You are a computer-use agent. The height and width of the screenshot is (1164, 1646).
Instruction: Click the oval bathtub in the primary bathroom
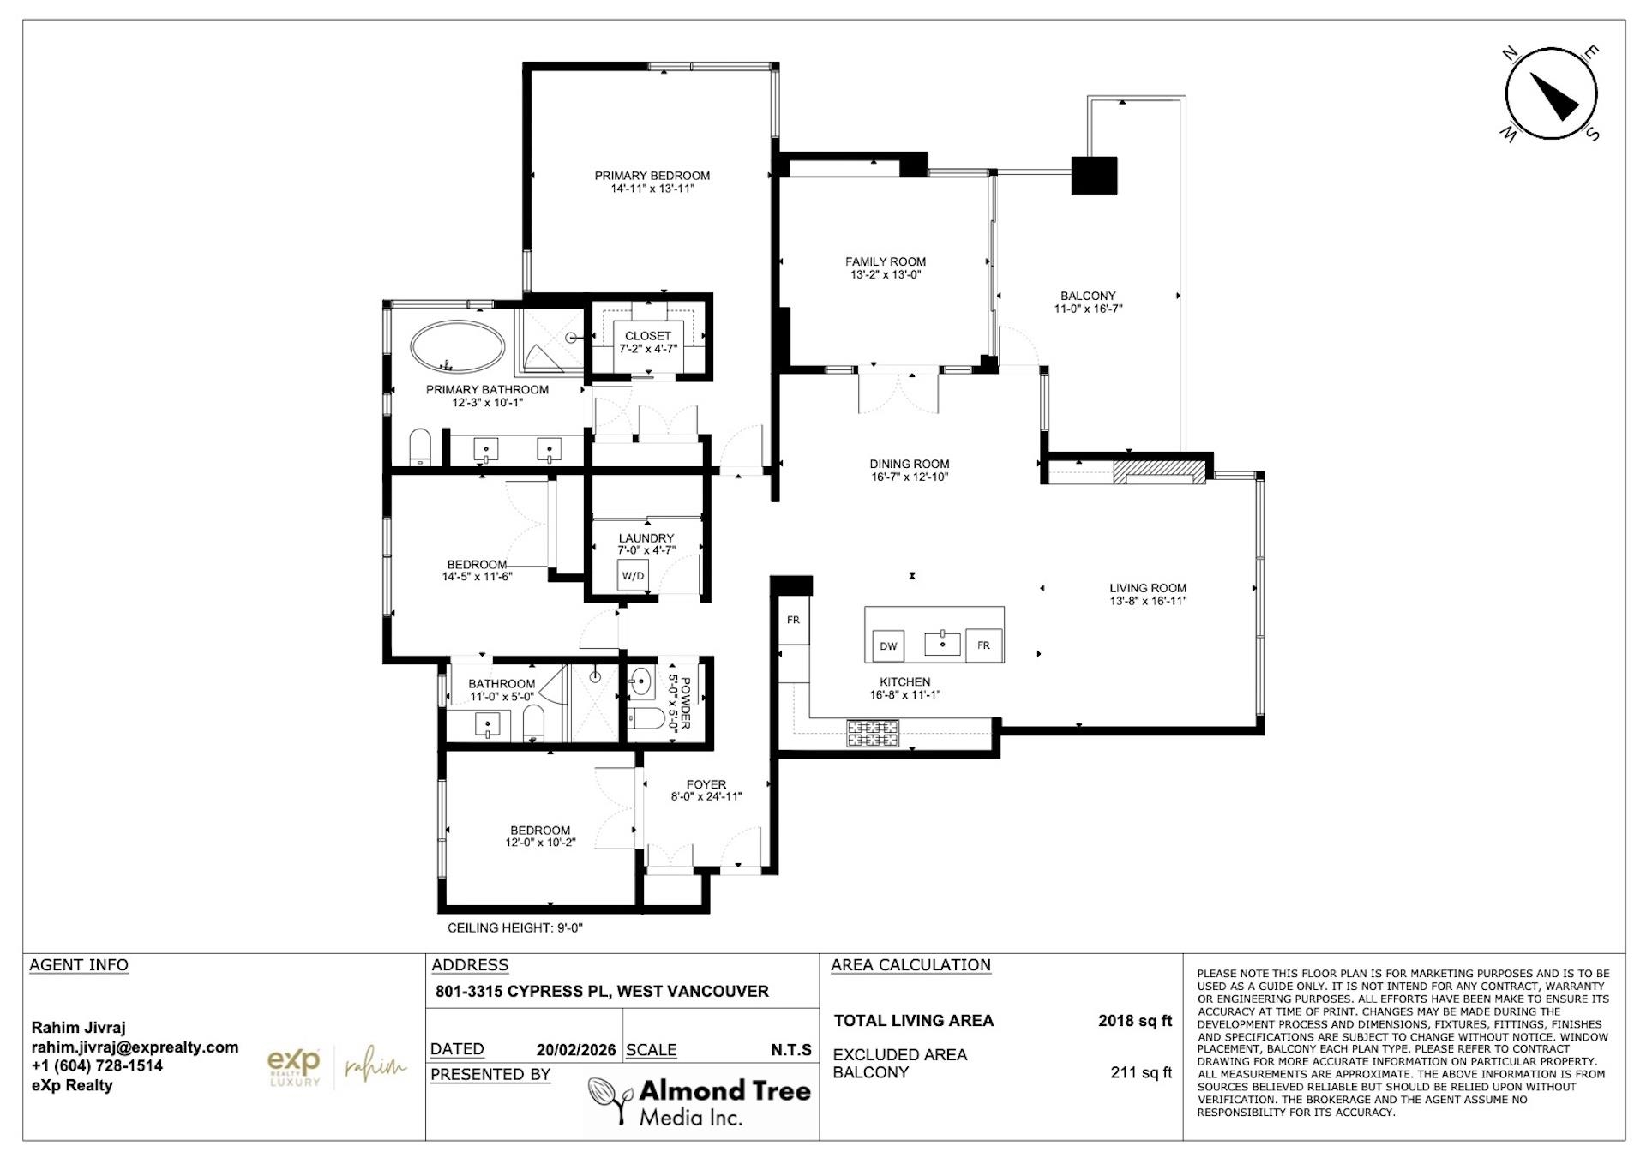coord(457,346)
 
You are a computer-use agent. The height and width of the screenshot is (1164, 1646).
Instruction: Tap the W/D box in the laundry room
coord(633,576)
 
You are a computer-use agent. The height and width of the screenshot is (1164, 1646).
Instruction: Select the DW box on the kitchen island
coord(888,646)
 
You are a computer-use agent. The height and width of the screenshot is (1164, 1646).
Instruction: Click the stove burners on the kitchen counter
coord(873,734)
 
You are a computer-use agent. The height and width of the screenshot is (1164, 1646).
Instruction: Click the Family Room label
coord(885,261)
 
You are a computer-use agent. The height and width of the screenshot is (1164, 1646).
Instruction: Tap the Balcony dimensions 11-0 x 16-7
coord(1088,309)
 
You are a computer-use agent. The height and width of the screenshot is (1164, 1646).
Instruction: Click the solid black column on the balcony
coord(1095,176)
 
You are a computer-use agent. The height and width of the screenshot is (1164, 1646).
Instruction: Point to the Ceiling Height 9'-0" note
coord(514,927)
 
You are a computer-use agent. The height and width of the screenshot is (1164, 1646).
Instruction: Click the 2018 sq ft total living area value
coord(1134,1021)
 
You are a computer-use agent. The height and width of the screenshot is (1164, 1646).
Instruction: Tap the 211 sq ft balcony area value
coord(1140,1072)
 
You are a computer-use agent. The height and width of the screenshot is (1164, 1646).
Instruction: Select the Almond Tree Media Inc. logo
coord(699,1101)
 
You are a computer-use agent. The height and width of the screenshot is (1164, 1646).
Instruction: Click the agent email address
coord(135,1047)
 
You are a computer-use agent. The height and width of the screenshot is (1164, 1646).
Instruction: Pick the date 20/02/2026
coord(575,1050)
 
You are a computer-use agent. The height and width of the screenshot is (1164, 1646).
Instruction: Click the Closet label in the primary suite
coord(647,336)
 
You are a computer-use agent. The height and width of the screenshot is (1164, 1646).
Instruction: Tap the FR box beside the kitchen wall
coord(793,620)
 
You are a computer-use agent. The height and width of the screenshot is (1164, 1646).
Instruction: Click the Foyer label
coord(706,784)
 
